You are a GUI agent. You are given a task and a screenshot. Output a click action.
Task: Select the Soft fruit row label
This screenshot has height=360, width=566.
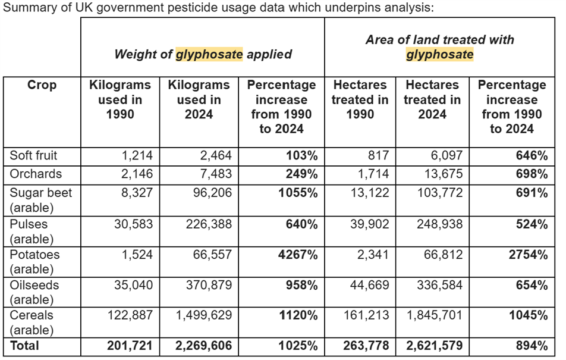34,156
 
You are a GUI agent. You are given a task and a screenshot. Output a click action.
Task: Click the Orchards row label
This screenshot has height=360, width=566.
36,174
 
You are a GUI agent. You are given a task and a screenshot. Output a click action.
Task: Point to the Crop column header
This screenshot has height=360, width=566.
42,85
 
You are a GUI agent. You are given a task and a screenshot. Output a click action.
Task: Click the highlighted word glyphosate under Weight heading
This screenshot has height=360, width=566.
209,54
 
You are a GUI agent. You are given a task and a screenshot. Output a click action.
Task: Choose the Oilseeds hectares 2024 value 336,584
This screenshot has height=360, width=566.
436,285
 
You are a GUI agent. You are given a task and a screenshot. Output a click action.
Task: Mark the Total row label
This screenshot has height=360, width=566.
24,346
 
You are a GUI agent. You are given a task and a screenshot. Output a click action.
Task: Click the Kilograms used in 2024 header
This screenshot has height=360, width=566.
199,99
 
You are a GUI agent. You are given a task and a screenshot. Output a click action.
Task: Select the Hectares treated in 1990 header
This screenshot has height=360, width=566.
360,99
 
